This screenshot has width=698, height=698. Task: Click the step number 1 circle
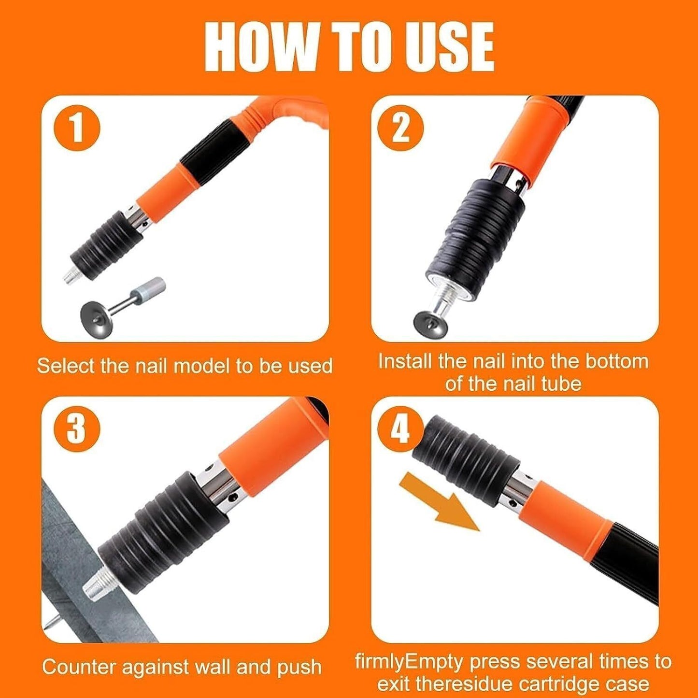[77, 128]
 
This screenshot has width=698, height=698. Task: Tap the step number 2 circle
[400, 128]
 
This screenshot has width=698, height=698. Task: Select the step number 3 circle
[77, 428]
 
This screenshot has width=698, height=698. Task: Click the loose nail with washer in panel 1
[121, 302]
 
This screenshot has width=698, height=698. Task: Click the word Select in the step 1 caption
[66, 366]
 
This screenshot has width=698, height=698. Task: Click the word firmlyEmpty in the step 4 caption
[409, 661]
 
